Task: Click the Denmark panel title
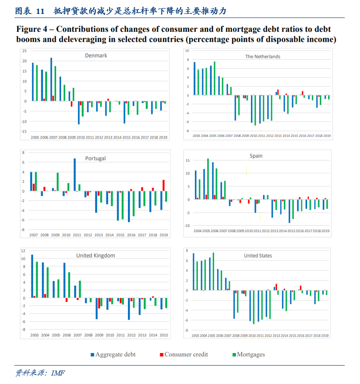coord(96,56)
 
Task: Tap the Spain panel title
coord(256,156)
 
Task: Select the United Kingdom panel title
coord(96,256)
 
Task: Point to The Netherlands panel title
coord(263,57)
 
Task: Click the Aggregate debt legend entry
coord(113,355)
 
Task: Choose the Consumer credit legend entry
coord(184,355)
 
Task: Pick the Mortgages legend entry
coord(249,355)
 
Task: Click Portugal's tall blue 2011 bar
coord(75,175)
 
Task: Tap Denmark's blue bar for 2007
coord(51,79)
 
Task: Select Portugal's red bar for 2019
coord(163,185)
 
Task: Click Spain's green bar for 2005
coord(208,179)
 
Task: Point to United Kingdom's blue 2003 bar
coord(32,276)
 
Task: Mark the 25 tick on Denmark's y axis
coord(25,51)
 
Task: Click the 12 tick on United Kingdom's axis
coord(23,251)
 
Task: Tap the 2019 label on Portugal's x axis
coord(164,235)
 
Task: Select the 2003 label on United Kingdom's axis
coord(35,335)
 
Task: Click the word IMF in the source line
coord(58,373)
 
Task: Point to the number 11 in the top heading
coord(40,11)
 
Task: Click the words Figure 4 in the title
coord(31,29)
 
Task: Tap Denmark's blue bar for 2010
coord(79,113)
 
